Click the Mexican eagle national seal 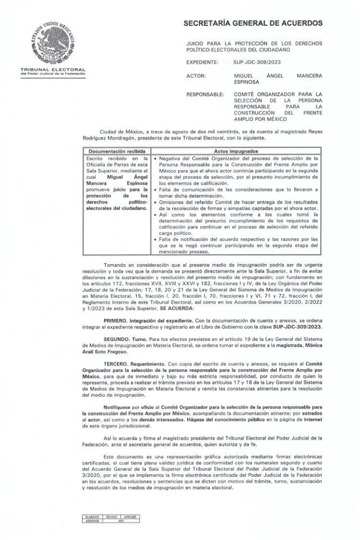pos(52,43)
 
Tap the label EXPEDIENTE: pos(202,62)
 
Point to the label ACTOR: pos(196,76)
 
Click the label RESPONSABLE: pos(205,94)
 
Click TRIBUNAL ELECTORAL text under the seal pos(53,70)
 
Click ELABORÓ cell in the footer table pos(91,517)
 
